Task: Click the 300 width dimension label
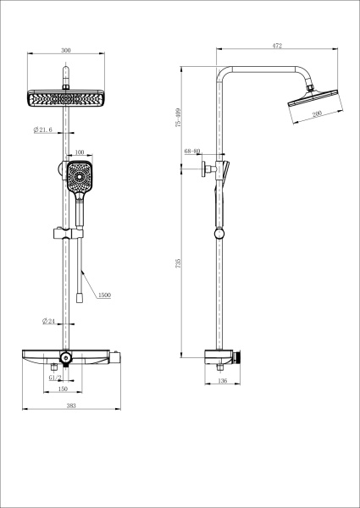pos(66,51)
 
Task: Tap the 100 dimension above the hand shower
pos(80,153)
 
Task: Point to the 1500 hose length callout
pos(104,295)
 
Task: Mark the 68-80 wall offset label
pos(192,152)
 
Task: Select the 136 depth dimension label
pos(222,381)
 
